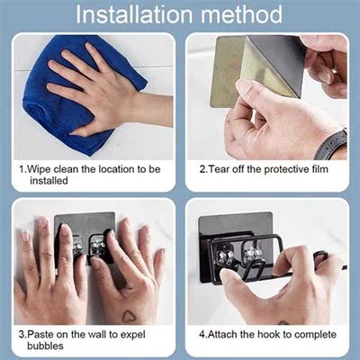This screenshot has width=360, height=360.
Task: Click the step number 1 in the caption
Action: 21,168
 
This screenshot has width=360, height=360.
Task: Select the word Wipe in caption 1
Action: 41,168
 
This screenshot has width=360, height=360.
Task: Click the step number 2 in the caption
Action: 201,168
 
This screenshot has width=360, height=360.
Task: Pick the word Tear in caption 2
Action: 220,168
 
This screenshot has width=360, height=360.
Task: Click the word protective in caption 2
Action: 283,168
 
